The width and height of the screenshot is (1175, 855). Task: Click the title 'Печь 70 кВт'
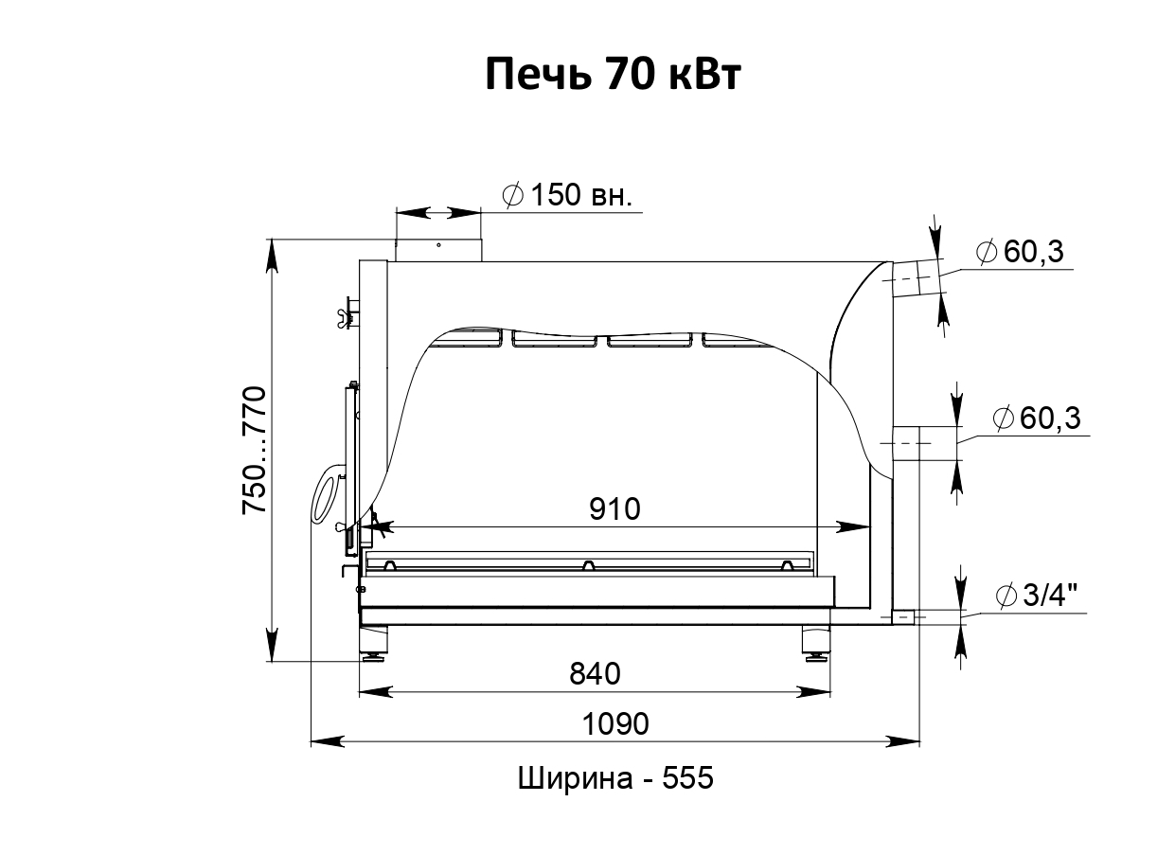(x=613, y=75)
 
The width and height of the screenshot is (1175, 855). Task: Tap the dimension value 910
(x=614, y=508)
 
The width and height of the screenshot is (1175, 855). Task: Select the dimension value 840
(x=595, y=673)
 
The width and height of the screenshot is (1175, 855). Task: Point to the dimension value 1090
(x=615, y=724)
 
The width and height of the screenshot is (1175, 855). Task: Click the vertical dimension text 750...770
(x=255, y=450)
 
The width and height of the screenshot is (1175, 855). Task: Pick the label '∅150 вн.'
(x=567, y=195)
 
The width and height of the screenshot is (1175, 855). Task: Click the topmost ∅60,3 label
(x=1020, y=251)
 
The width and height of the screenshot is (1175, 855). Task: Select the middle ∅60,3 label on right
(x=1037, y=419)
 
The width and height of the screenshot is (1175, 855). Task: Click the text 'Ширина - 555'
(x=615, y=778)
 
